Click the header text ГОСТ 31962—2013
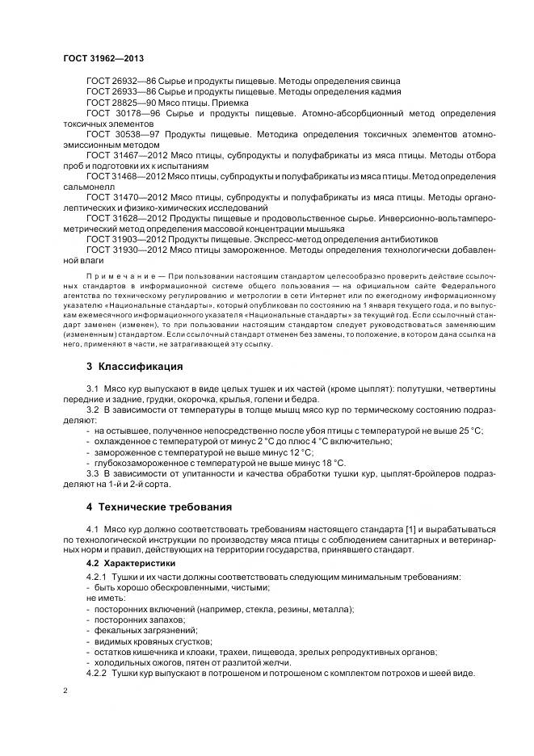pyautogui.click(x=103, y=59)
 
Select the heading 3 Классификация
pyautogui.click(x=134, y=366)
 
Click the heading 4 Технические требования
pyautogui.click(x=159, y=507)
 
